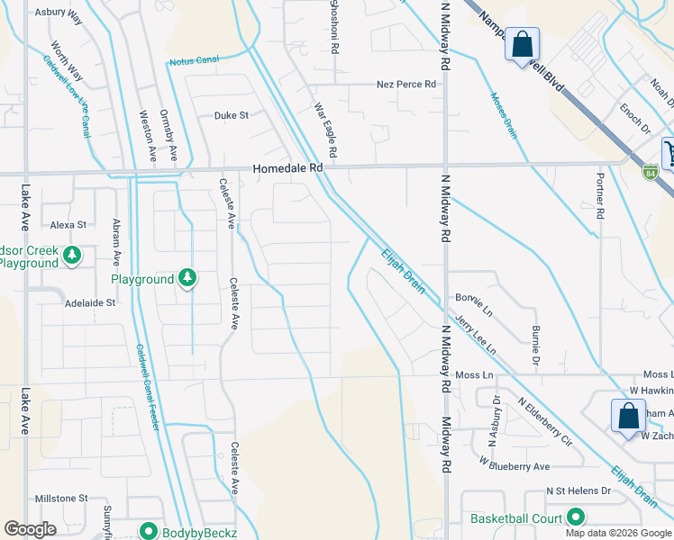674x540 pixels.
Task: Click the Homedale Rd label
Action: tap(287, 168)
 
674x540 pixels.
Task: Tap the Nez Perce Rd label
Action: tap(405, 85)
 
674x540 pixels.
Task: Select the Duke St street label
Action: tap(231, 115)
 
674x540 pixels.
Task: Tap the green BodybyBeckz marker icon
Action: tap(146, 532)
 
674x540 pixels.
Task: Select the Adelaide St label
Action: tap(90, 303)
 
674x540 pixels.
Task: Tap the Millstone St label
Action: tap(60, 498)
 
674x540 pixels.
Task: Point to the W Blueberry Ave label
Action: tap(514, 466)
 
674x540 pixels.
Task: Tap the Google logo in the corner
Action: tap(30, 529)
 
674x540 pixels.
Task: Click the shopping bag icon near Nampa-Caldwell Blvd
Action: tap(522, 45)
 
